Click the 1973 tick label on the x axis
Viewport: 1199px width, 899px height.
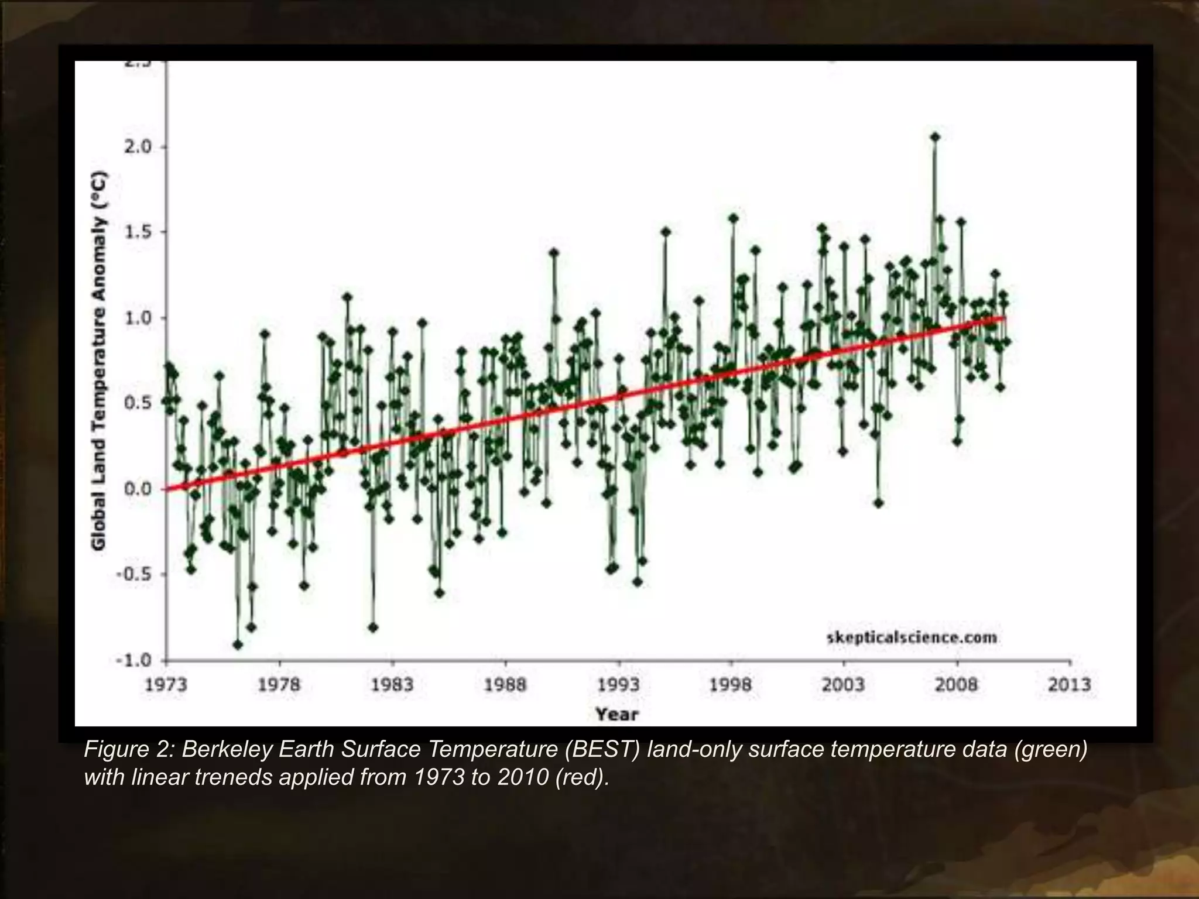click(166, 685)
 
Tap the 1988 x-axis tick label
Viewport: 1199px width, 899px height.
click(505, 685)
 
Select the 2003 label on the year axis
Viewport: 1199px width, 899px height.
click(843, 685)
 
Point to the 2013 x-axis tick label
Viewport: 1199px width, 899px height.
click(1069, 685)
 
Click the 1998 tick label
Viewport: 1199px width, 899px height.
click(731, 685)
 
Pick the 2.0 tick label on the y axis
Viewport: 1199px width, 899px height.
click(138, 146)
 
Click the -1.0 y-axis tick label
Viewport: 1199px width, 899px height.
click(134, 660)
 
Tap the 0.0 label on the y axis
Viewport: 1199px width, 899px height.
click(138, 489)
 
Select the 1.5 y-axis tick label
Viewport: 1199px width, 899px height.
click(138, 232)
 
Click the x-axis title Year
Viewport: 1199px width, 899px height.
click(616, 714)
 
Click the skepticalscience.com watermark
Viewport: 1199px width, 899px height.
click(912, 637)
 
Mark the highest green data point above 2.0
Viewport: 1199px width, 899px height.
click(935, 137)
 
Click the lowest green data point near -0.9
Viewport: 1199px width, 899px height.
click(238, 644)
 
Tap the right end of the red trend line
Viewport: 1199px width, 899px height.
click(1003, 318)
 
